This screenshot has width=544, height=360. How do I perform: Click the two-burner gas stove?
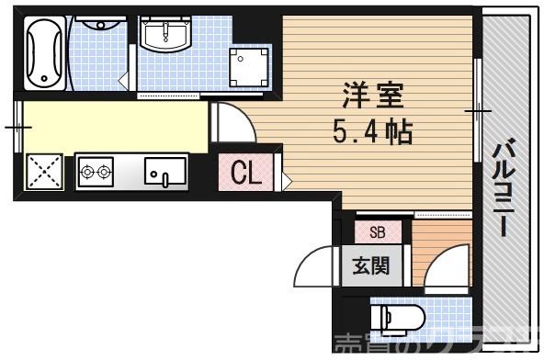pos(96,170)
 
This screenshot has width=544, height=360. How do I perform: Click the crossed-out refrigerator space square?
pos(42,170)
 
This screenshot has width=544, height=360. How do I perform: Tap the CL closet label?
pos(245,172)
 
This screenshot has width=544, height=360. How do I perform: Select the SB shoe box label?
pos(377,232)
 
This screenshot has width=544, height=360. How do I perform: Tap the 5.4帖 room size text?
pos(371,131)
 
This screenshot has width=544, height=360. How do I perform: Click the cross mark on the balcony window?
pos(477,111)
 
